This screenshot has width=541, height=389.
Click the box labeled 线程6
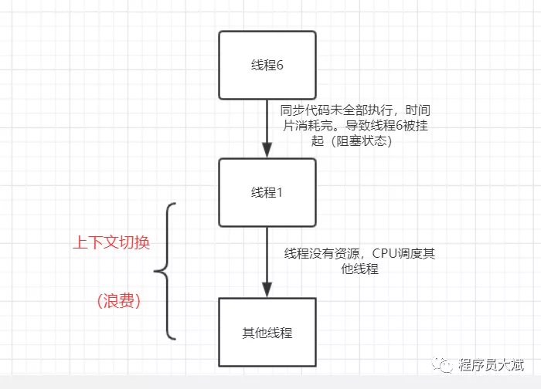[267, 65]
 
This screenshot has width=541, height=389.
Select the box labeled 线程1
[267, 192]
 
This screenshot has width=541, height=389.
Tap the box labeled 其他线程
[267, 333]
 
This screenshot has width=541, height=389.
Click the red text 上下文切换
[111, 242]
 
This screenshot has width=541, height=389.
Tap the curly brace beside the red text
[165, 271]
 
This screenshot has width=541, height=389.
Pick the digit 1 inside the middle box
[280, 192]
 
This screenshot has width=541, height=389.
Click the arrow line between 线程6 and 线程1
[267, 123]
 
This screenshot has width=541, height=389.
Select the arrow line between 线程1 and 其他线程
[267, 259]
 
